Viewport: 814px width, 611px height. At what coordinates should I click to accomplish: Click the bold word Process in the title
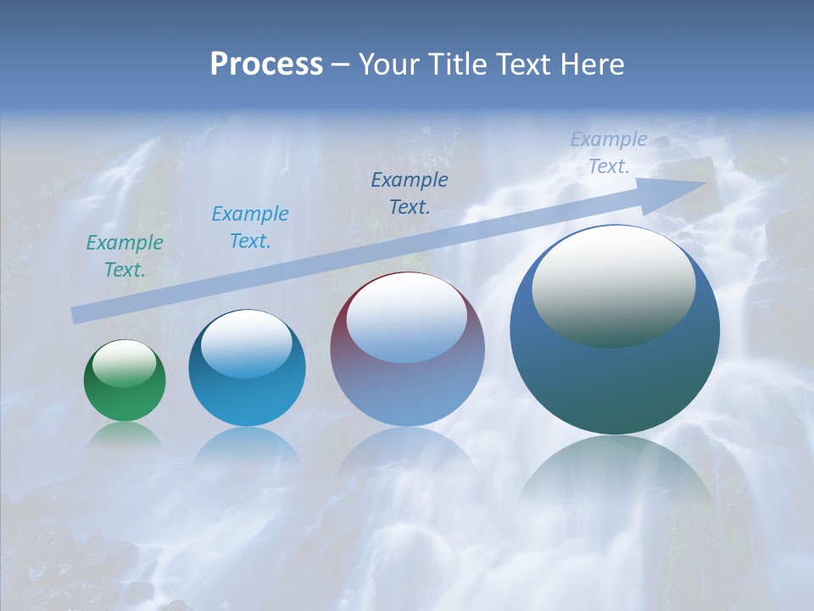pyautogui.click(x=266, y=64)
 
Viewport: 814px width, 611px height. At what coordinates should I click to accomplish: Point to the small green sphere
pyautogui.click(x=125, y=380)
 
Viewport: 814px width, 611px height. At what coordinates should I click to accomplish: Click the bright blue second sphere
pyautogui.click(x=247, y=368)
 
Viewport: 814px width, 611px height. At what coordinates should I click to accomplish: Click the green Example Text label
pyautogui.click(x=125, y=256)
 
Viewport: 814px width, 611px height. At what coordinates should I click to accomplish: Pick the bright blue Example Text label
pyautogui.click(x=249, y=227)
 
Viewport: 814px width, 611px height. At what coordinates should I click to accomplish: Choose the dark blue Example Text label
pyautogui.click(x=410, y=193)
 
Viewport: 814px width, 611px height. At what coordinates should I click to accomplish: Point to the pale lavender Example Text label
pyautogui.click(x=608, y=153)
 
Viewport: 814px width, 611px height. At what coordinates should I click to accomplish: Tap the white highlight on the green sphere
pyautogui.click(x=124, y=363)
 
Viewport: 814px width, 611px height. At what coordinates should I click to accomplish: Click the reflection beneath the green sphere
pyautogui.click(x=125, y=434)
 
